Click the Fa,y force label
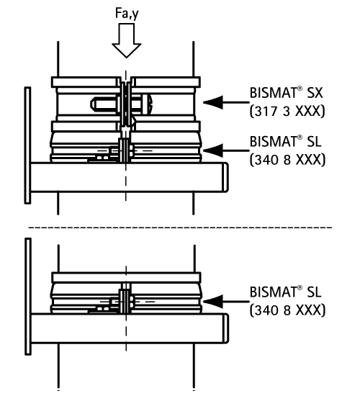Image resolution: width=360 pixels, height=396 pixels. coord(127,14)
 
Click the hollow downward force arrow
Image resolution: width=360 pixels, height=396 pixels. coord(127,40)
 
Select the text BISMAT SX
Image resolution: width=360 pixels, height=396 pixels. coord(286,93)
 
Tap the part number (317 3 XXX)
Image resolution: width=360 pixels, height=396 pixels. coord(287,111)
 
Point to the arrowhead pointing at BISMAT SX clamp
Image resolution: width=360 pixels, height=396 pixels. coord(213,102)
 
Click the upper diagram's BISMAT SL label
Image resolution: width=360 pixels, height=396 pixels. coord(285,141)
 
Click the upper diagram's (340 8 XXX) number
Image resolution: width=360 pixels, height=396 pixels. coord(287,160)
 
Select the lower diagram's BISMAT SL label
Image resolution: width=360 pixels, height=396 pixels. coord(285,292)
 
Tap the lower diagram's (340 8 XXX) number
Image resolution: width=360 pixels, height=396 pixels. coord(287,310)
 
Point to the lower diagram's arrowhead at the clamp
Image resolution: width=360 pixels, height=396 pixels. coord(213,301)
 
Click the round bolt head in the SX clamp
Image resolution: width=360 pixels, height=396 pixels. coord(148,104)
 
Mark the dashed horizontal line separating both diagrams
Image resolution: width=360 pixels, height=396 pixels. coord(180,228)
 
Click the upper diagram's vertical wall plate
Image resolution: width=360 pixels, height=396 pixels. coord(27,145)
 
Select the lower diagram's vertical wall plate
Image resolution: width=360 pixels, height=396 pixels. coord(28,296)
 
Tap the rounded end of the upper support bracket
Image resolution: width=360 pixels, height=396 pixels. coord(225,177)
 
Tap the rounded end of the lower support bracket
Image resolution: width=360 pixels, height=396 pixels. coord(226,328)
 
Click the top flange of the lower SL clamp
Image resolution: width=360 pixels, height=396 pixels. coord(126,277)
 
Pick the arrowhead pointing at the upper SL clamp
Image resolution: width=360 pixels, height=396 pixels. coord(213,150)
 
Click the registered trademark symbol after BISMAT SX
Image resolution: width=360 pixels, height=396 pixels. coord(300,89)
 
